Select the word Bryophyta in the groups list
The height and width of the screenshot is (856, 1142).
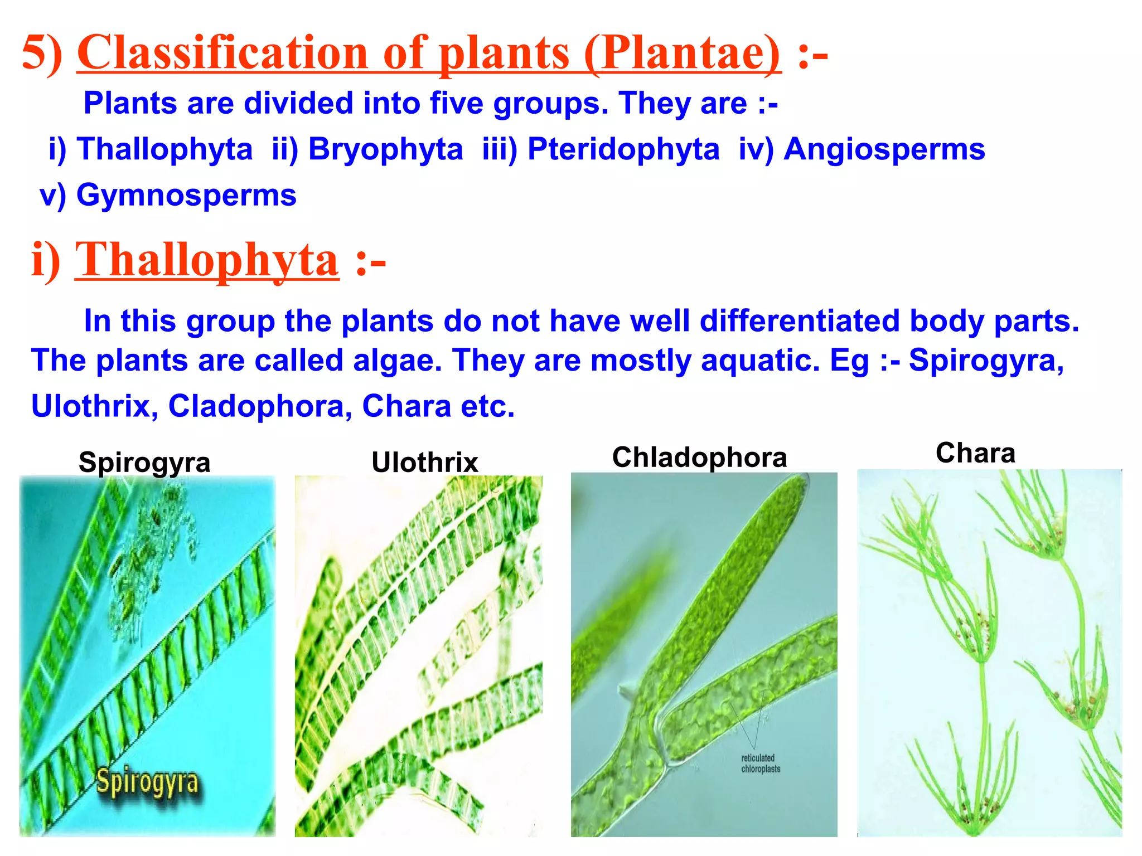(385, 149)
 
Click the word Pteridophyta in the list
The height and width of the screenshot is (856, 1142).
(623, 149)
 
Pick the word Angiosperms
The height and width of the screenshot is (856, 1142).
(884, 149)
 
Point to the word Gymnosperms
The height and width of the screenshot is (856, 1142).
(186, 195)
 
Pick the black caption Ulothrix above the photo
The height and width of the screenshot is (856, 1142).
(425, 463)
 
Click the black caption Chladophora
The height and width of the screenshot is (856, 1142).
(699, 458)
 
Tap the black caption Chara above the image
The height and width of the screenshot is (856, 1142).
(975, 453)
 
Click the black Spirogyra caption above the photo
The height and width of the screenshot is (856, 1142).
(144, 463)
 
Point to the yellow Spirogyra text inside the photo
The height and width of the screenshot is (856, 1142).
(147, 781)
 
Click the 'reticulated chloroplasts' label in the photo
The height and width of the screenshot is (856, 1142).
(760, 763)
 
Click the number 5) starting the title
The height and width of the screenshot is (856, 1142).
(42, 53)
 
